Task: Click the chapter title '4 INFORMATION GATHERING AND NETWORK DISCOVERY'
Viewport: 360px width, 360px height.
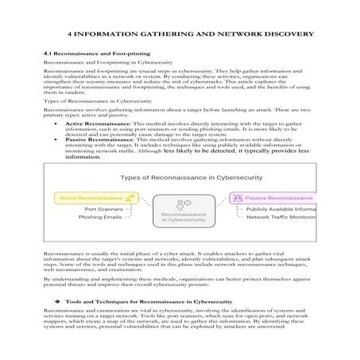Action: click(191, 34)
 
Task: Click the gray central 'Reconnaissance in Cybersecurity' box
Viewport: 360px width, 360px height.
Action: click(184, 217)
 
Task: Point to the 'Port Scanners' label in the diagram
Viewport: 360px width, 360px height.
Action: click(103, 209)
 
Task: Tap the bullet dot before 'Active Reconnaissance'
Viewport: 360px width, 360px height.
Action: click(54, 124)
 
